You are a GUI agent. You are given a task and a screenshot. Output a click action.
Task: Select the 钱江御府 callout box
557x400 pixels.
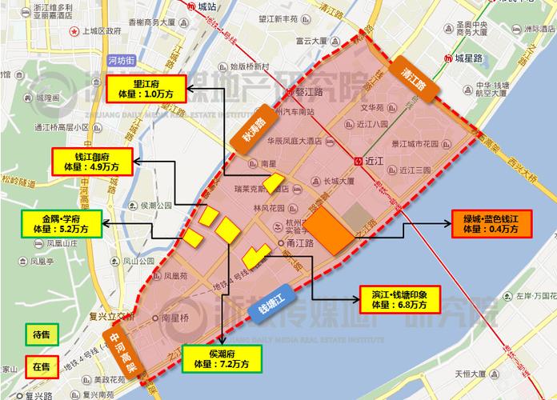click(x=91, y=161)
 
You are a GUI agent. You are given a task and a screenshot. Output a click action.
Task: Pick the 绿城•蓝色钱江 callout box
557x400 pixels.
click(x=485, y=223)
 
